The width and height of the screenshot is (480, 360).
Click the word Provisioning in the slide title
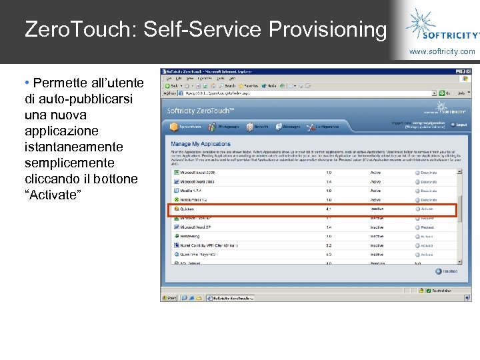(327, 30)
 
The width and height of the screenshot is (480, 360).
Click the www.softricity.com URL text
(442, 51)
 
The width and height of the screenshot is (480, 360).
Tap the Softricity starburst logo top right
(422, 21)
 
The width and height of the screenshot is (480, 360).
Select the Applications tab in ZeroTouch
(186, 127)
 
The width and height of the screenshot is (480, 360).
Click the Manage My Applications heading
(201, 144)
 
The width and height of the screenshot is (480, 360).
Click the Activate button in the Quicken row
(426, 209)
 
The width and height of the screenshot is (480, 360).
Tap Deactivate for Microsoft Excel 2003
(427, 172)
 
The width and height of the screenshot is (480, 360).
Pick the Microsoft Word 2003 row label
(197, 181)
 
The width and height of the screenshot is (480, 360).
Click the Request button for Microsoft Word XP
(426, 227)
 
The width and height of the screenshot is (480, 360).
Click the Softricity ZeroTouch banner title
(199, 111)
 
